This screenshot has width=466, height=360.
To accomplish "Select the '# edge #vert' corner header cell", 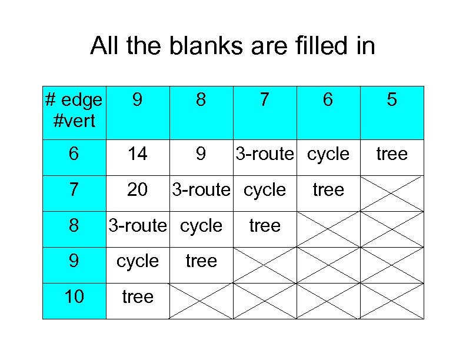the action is pos(74,110).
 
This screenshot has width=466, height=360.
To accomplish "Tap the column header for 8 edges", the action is pos(201,101).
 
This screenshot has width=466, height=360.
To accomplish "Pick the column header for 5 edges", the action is pos(392,101).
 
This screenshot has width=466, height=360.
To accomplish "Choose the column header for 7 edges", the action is pos(265,101).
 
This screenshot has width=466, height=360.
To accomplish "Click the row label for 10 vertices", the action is pos(74,296).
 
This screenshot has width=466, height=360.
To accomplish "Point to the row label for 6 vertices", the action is pos(74,154).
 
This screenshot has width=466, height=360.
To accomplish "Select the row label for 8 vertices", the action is pos(74,225).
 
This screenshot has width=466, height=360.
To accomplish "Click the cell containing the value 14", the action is pos(138,154).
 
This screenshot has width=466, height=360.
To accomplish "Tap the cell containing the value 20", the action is pos(138,189).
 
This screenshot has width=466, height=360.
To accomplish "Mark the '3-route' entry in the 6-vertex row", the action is pos(264,154).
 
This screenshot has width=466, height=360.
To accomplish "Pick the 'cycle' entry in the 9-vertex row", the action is pos(138,261).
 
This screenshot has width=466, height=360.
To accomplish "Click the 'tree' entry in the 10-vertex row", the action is pos(138,296).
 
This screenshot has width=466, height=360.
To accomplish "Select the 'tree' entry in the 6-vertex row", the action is pos(392,154).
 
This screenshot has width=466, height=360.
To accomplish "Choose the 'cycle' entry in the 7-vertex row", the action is pos(265,189).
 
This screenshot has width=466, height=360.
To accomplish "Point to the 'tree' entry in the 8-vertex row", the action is pos(265,225).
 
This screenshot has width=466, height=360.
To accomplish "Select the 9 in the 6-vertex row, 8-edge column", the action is pos(201,154).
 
